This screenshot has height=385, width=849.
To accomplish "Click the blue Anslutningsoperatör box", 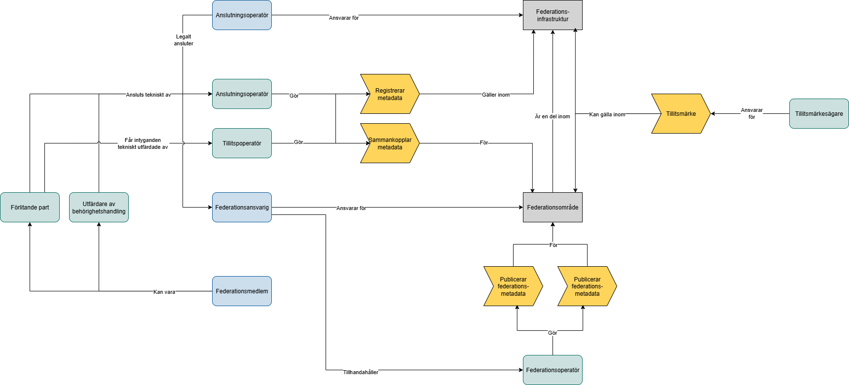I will tap(242, 15).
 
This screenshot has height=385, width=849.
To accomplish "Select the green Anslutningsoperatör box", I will tap(242, 94).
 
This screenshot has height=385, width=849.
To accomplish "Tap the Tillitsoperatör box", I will tap(242, 143).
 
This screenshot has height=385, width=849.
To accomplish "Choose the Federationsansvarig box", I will tap(242, 208).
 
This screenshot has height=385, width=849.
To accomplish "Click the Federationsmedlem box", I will tap(242, 291).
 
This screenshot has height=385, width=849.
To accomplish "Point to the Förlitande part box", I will tap(30, 208).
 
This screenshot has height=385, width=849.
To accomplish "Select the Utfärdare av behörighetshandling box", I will tap(99, 208).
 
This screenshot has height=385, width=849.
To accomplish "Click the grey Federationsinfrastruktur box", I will tap(553, 15).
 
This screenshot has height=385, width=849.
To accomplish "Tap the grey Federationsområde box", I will tap(553, 208).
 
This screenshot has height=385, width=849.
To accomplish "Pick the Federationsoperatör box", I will tap(553, 370).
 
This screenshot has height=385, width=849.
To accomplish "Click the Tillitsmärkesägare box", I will tap(819, 114).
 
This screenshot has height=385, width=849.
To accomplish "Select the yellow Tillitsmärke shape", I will tap(681, 114).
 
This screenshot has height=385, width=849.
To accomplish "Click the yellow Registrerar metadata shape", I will tap(390, 94).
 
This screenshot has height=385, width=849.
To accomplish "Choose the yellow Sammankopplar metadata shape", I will tap(390, 143).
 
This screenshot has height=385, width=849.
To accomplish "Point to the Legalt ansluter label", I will tap(184, 40).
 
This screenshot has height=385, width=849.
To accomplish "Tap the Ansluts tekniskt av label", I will tap(148, 95).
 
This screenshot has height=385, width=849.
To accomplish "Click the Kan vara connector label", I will tap(164, 292).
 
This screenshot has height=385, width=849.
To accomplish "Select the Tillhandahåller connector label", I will tap(361, 372).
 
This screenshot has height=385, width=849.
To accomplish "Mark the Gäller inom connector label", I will tap(496, 95).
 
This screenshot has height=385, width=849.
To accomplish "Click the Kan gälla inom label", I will tap(607, 114).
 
